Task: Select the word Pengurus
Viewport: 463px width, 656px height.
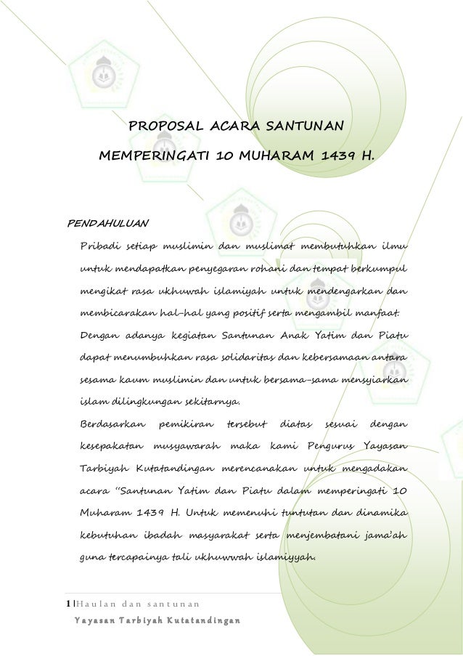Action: pyautogui.click(x=331, y=445)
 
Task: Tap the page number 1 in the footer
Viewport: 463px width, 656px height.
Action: pyautogui.click(x=68, y=604)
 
